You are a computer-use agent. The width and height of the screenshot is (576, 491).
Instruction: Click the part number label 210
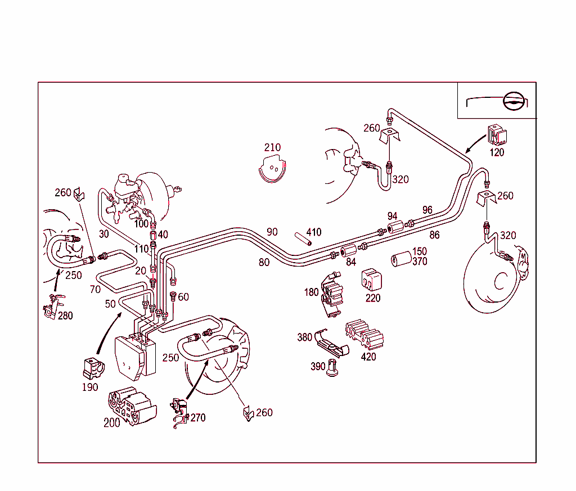(x=272, y=148)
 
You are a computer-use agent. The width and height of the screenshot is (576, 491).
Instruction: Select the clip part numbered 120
(x=496, y=136)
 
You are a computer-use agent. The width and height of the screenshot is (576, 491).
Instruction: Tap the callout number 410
(x=313, y=232)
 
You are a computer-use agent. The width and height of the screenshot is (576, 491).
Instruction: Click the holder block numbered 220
(x=371, y=280)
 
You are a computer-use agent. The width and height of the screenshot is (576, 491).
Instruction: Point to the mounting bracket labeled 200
(x=131, y=406)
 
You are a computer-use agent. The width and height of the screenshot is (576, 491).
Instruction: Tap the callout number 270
(x=198, y=418)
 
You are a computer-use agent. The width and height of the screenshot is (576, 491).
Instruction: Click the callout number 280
(x=65, y=316)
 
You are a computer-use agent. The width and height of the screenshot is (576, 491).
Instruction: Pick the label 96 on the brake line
(x=427, y=210)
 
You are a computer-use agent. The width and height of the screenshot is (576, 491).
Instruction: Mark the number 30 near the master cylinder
(x=103, y=234)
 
